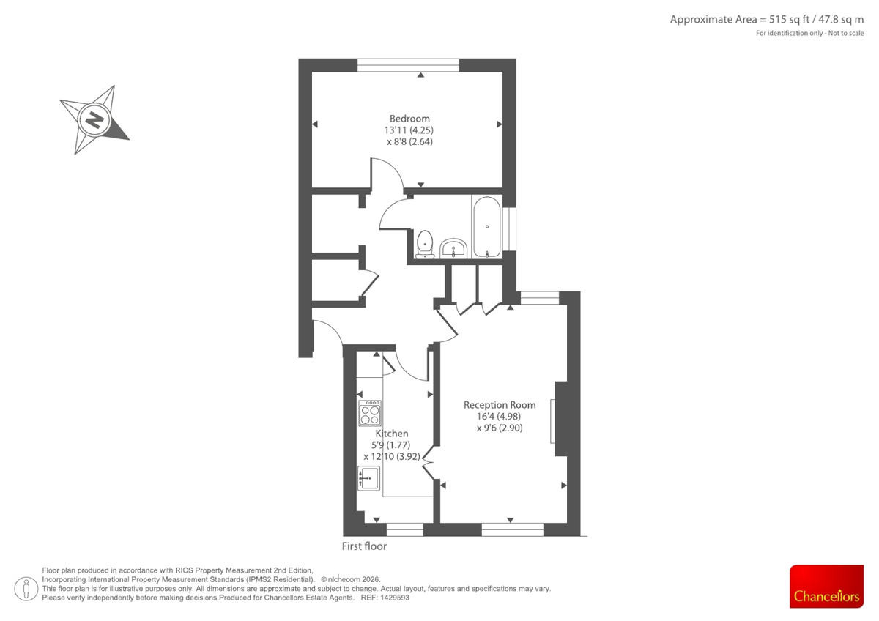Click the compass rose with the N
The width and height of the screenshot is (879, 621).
(x=94, y=119)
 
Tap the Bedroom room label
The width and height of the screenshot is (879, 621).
(x=409, y=119)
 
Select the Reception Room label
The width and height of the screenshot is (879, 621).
(x=500, y=405)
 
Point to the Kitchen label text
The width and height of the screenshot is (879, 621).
(x=392, y=434)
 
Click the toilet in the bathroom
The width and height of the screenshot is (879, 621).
(x=425, y=244)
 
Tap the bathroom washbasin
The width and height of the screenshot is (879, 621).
(x=455, y=248)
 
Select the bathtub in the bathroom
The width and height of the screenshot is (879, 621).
(x=487, y=226)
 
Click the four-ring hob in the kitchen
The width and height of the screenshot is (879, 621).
(x=370, y=414)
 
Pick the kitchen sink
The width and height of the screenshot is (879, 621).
(x=368, y=478)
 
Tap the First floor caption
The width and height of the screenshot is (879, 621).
(x=364, y=546)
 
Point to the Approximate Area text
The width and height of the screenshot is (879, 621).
(x=767, y=20)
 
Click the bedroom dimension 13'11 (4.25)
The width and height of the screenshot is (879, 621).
(x=409, y=130)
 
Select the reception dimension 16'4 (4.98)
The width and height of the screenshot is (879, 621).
(x=500, y=417)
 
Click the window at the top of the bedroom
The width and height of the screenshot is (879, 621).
(x=409, y=65)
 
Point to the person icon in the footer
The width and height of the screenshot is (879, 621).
(x=26, y=587)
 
